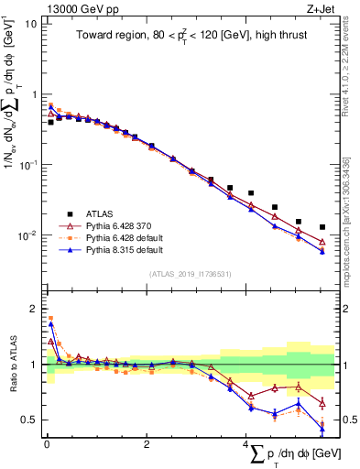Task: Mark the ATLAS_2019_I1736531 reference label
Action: [x=190, y=273]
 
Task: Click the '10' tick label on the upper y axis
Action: [x=30, y=24]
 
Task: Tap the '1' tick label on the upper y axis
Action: [x=33, y=94]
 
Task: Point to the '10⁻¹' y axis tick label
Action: [x=27, y=165]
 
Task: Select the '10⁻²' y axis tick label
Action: [x=27, y=235]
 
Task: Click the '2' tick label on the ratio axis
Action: [x=33, y=309]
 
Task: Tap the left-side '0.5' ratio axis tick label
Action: [x=28, y=420]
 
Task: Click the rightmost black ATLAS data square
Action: [x=322, y=227]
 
